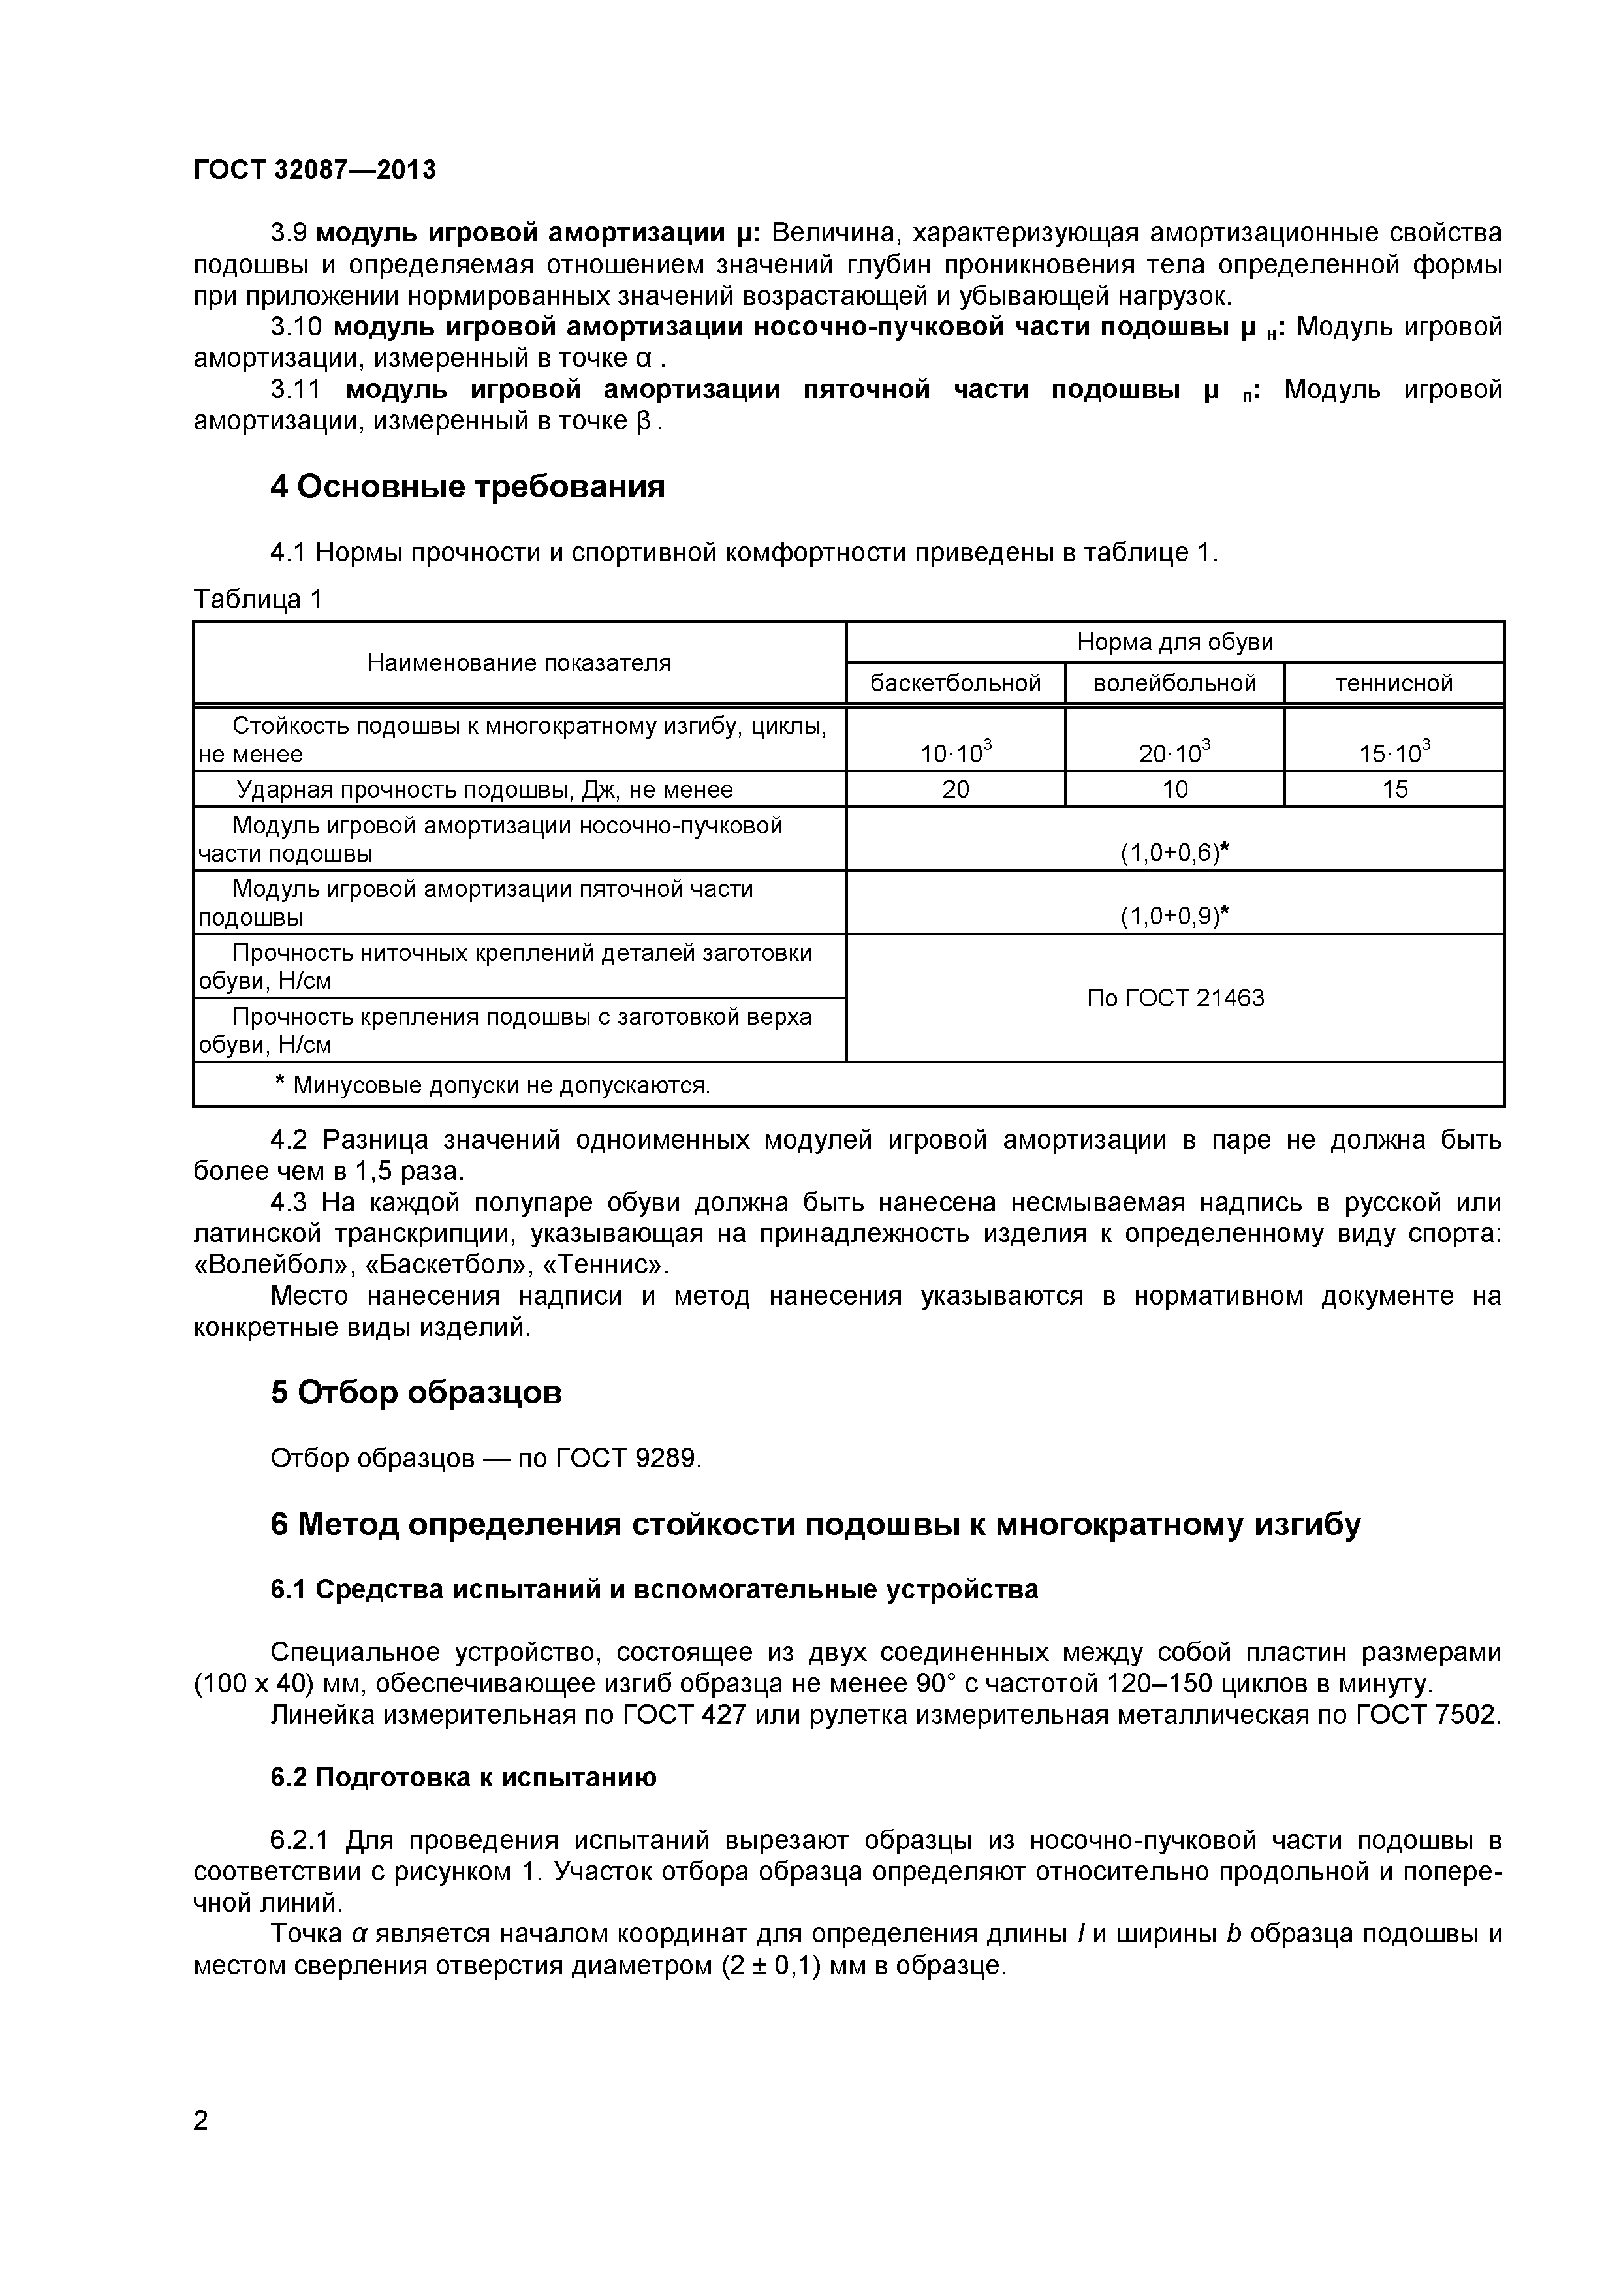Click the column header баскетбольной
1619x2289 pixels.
click(955, 683)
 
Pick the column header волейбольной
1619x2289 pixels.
click(1174, 683)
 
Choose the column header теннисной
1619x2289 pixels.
click(1394, 683)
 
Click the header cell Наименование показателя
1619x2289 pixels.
click(518, 663)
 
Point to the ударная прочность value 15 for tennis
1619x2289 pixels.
click(1394, 790)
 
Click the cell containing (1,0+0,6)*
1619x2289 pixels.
click(1174, 852)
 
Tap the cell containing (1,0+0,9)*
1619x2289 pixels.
click(1174, 916)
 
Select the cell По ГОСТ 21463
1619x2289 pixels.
click(1174, 998)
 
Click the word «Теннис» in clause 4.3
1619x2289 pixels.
click(615, 1265)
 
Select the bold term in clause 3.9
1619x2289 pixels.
click(537, 233)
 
